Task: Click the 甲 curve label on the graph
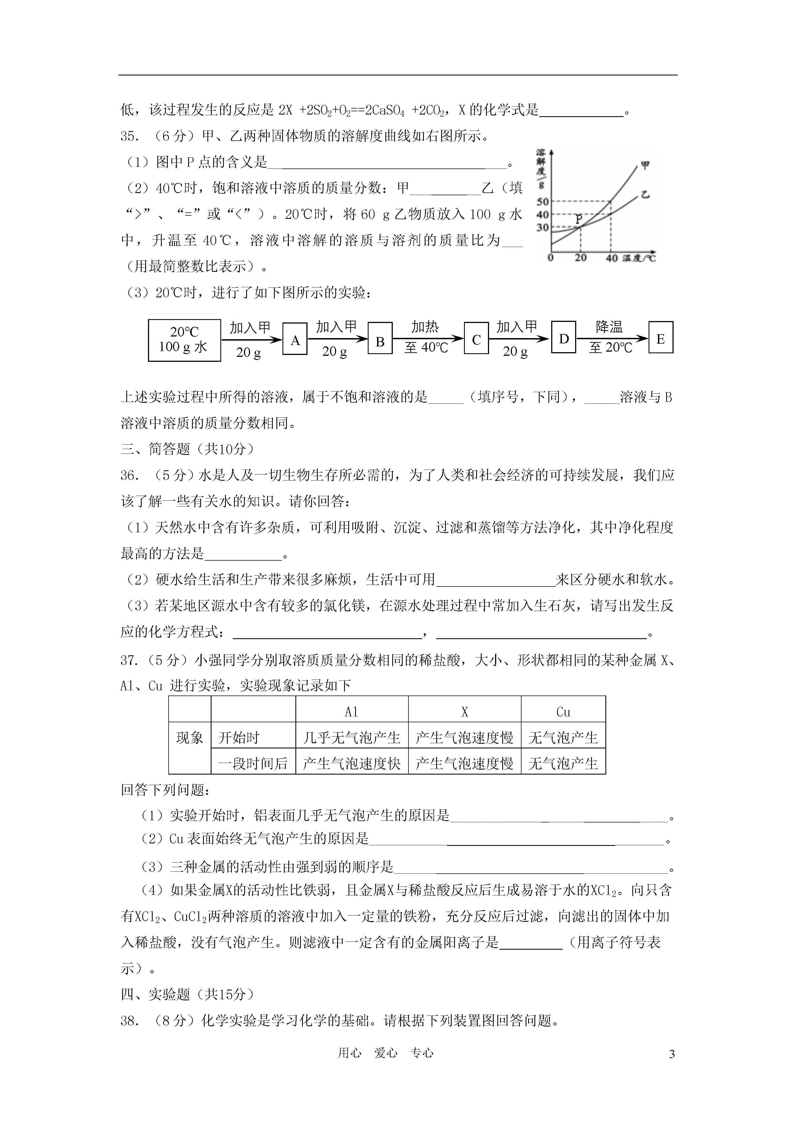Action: (646, 165)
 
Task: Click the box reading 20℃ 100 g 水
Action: (184, 340)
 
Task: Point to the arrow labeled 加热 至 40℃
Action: (427, 338)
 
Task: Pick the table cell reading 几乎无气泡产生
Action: (352, 737)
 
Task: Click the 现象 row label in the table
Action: (190, 737)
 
